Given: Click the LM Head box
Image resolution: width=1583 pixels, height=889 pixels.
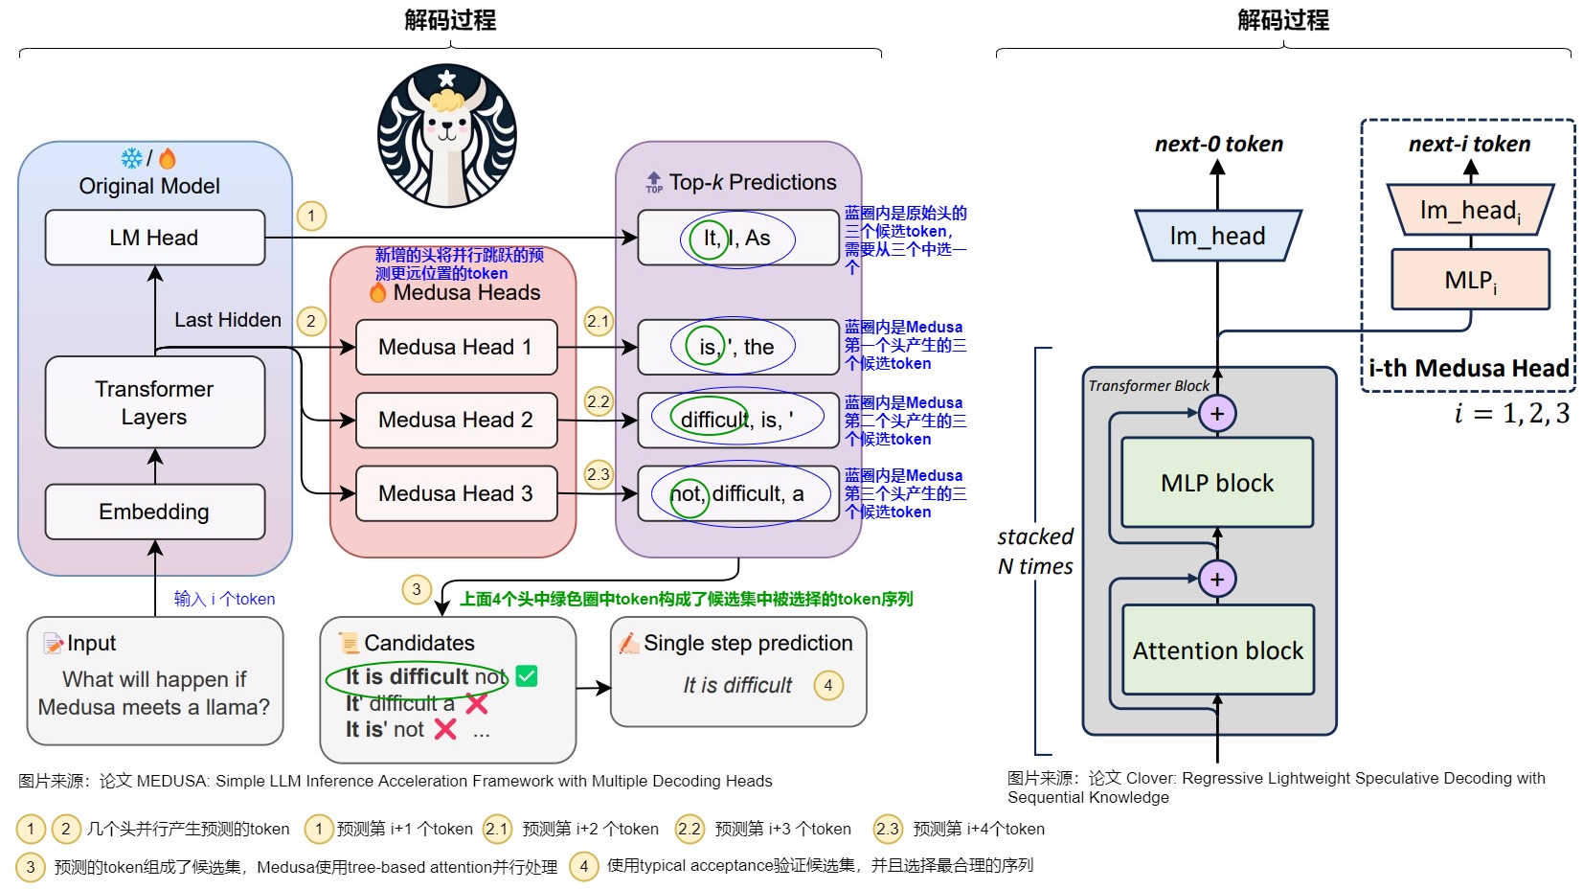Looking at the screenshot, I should pos(155,238).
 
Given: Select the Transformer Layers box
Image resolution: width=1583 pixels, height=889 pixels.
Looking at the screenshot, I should pos(155,402).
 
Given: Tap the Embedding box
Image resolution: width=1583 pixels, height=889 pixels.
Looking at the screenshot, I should pos(155,512).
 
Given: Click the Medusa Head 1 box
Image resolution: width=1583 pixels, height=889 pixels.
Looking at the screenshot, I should pos(456,347).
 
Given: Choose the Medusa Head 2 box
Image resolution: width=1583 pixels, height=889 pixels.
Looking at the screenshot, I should pos(456,420).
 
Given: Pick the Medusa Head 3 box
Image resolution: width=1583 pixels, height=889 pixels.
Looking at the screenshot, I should pos(456,493).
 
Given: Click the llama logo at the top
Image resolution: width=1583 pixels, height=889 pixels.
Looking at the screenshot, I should pos(447,135).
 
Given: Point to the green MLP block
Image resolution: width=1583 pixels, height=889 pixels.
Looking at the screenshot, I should pos(1217,483).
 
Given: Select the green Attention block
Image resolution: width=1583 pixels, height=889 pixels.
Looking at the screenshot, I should pos(1218,650).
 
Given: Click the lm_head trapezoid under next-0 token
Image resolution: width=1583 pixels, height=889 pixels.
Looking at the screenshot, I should pos(1217,236).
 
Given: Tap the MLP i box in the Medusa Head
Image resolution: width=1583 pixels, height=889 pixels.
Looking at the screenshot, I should pos(1470,280).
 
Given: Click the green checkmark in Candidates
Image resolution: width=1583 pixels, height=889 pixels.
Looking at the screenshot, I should pos(527,676).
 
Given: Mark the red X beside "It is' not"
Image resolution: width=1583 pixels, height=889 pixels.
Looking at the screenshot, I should pos(445,730).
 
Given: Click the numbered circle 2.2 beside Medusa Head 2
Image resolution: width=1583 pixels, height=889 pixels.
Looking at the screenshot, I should pos(599,401).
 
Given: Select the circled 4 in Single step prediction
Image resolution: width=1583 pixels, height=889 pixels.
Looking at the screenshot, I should pos(828,685).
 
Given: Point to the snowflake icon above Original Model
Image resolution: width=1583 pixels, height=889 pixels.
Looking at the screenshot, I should pos(132,158).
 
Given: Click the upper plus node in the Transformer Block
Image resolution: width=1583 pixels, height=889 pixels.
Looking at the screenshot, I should pos(1217,414).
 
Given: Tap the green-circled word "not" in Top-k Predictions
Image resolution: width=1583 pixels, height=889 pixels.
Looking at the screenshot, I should pos(687,494).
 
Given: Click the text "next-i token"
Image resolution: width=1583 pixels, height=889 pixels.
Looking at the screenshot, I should pos(1469,145).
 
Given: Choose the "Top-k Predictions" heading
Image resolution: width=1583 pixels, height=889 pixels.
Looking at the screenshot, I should pos(752,182).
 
